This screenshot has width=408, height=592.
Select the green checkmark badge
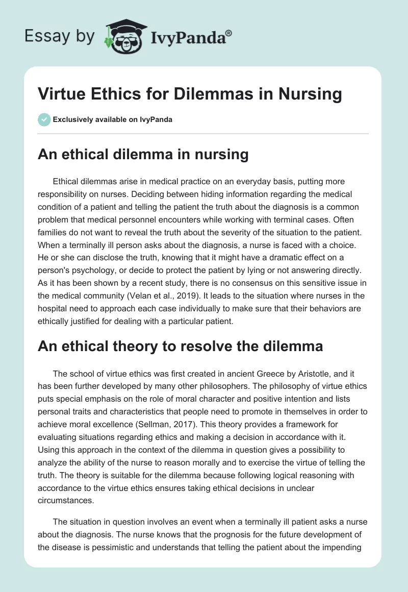pos(44,119)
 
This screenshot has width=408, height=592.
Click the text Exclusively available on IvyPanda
pos(112,119)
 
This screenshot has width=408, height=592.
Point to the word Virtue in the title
pos(61,94)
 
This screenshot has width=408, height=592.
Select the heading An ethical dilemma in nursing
pos(143,155)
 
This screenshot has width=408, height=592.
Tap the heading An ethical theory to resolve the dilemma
pos(181,347)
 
